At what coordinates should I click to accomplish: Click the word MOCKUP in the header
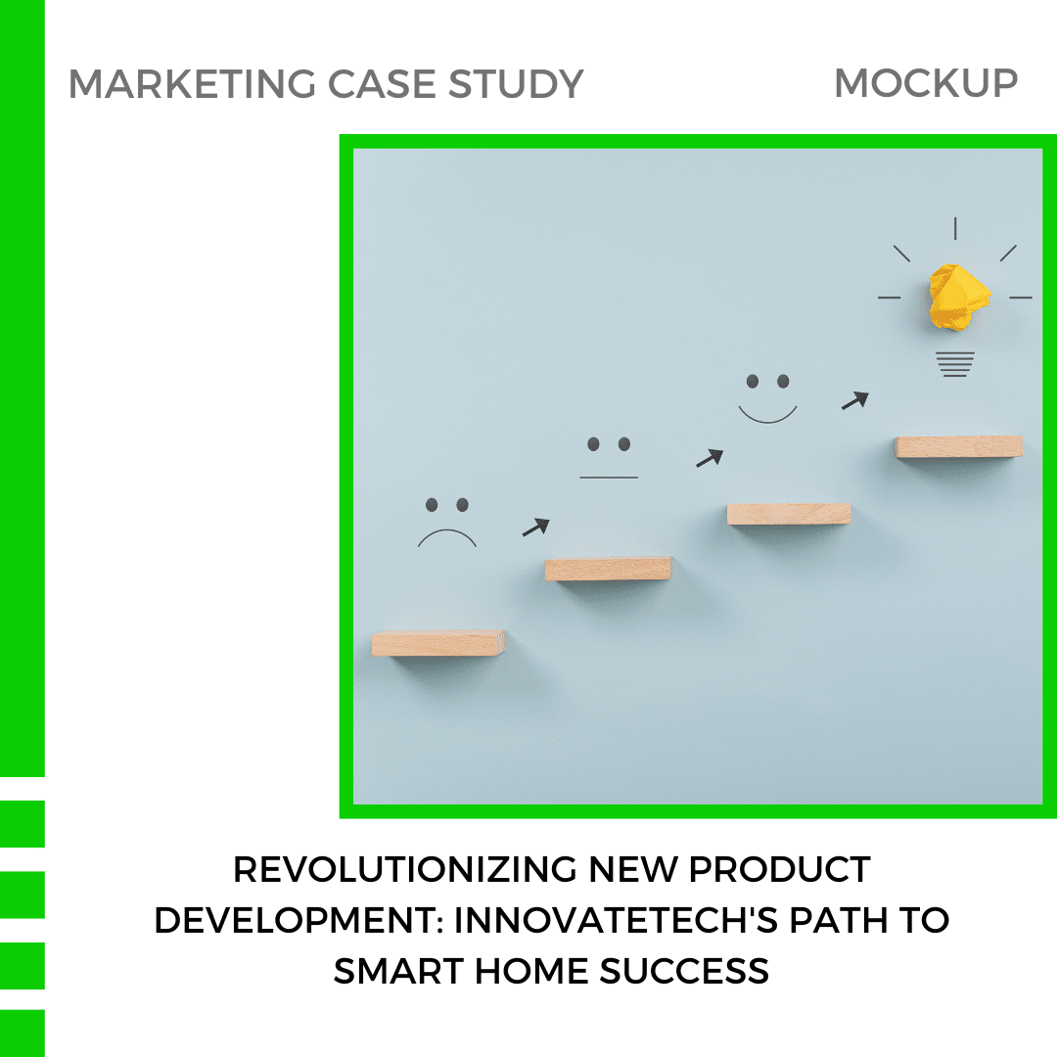[x=925, y=84]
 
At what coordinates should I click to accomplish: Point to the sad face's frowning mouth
[x=446, y=536]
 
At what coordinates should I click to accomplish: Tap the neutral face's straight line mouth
[x=609, y=478]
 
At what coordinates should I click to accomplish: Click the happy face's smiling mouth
[x=768, y=414]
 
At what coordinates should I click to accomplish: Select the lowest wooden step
[x=438, y=643]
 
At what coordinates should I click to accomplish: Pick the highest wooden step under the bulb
[x=958, y=446]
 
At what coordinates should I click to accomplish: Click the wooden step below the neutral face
[x=608, y=569]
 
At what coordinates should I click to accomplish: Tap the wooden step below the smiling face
[x=789, y=514]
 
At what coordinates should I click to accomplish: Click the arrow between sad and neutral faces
[x=535, y=528]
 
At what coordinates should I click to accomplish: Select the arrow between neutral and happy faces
[x=710, y=457]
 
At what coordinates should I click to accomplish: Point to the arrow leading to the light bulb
[x=854, y=400]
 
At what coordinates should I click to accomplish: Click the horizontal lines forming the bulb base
[x=955, y=364]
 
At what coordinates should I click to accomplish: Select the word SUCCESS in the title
[x=684, y=972]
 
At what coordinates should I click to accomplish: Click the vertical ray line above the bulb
[x=955, y=228]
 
